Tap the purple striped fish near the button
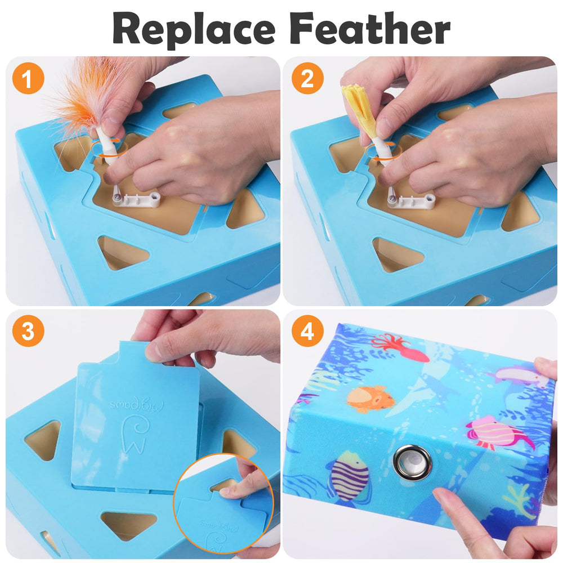349,476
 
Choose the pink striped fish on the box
495,434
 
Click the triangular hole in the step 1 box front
121,252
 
